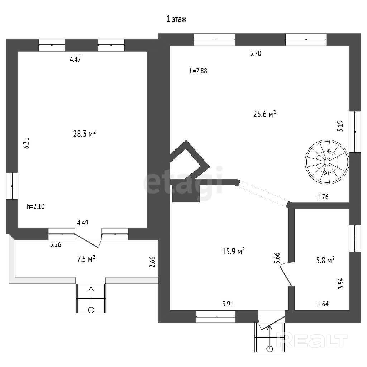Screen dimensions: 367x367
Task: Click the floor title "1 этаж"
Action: coord(176,19)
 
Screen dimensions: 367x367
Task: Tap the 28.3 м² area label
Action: coord(85,134)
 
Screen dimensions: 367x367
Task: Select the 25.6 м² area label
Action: coord(264,114)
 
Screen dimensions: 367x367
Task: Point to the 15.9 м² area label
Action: coord(233,251)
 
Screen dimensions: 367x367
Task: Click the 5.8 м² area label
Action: coord(325,260)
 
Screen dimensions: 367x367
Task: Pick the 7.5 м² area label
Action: coord(86,259)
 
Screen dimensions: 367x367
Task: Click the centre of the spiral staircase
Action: coord(327,162)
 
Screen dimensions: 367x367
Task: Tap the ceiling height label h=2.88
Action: coord(198,71)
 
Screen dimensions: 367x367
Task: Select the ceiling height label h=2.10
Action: coord(35,206)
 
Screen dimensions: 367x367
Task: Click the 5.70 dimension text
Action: coord(256,53)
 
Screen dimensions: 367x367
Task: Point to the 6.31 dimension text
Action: coord(27,143)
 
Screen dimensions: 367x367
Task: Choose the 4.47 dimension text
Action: coord(75,59)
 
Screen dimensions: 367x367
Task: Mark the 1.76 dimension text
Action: coord(323,197)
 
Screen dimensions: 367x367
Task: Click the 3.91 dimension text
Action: coord(228,304)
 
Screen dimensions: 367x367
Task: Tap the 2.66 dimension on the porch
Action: coord(152,262)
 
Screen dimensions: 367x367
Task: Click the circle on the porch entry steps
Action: coord(91,310)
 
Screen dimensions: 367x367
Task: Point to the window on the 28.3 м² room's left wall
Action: coord(12,186)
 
